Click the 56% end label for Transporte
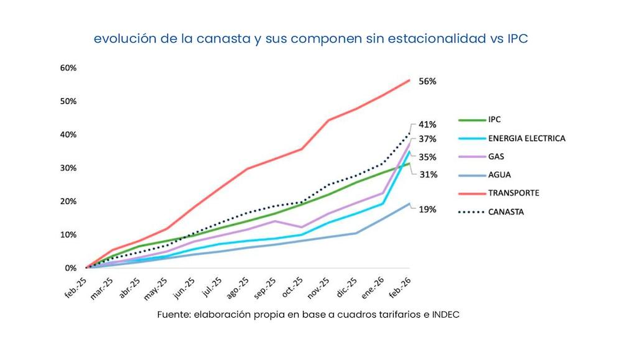tap(427, 81)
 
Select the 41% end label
tap(427, 124)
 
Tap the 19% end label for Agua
tap(427, 210)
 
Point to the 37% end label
tap(427, 139)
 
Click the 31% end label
tap(427, 175)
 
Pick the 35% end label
tap(427, 157)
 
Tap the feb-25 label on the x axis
tap(78, 286)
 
